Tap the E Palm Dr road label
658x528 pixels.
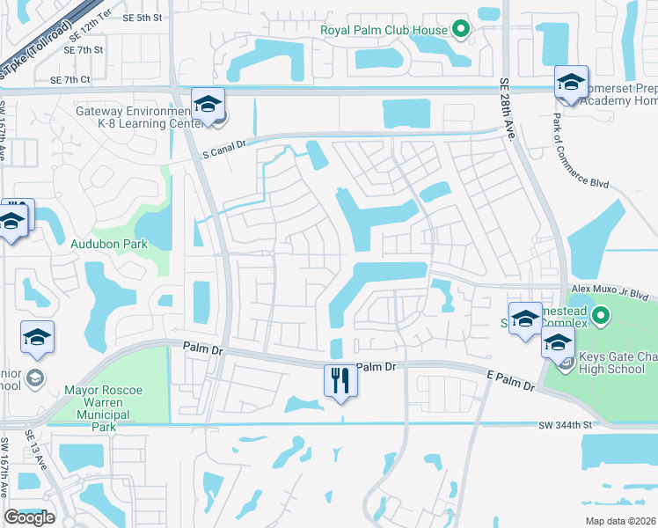point(511,380)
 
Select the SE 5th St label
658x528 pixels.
point(143,17)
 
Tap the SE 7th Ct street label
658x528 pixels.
point(70,79)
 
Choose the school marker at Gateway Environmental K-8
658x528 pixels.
point(208,105)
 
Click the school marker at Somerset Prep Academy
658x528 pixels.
point(571,84)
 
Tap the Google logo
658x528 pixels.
point(29,517)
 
